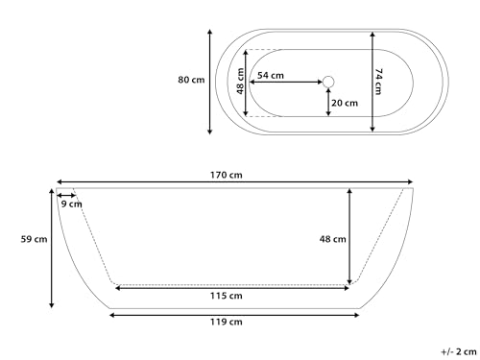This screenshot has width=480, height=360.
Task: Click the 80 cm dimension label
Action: (x=191, y=80)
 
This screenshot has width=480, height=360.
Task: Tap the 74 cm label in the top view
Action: (x=379, y=80)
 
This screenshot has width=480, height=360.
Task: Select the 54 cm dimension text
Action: (x=271, y=75)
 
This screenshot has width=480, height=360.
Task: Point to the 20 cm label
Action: (x=345, y=103)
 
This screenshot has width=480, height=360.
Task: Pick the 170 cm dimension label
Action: (x=235, y=175)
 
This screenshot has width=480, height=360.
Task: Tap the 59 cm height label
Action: (x=35, y=240)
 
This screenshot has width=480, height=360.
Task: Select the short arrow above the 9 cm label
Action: (x=68, y=194)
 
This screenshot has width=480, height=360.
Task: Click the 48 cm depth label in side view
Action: (x=333, y=240)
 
